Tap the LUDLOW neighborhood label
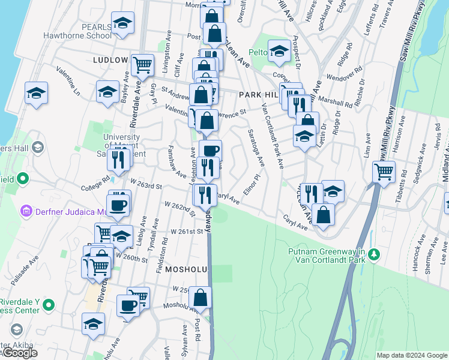(111, 60)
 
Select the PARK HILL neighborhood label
(259, 95)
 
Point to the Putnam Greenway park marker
(375, 254)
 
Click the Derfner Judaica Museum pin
(26, 211)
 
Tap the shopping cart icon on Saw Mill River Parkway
(384, 172)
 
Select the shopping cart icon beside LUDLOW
(142, 64)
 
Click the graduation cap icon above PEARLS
(123, 23)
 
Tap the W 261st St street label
(187, 232)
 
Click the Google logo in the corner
(20, 353)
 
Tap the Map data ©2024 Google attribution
(412, 355)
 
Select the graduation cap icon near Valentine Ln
(36, 94)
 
